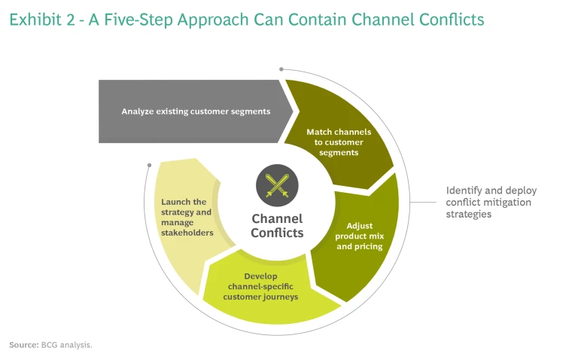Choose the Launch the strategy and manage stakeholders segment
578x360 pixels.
pos(185,217)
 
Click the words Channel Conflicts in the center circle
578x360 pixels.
pos(277,226)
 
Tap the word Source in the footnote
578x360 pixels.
pos(23,345)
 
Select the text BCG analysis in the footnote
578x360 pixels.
pos(71,345)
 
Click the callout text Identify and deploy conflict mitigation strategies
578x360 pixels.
pos(491,202)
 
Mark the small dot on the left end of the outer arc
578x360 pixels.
pos(149,163)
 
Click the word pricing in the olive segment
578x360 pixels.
pos(369,246)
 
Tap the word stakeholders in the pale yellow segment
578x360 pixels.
pos(187,233)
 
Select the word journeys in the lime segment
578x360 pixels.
pos(282,297)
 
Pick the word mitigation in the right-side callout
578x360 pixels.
pos(506,202)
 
